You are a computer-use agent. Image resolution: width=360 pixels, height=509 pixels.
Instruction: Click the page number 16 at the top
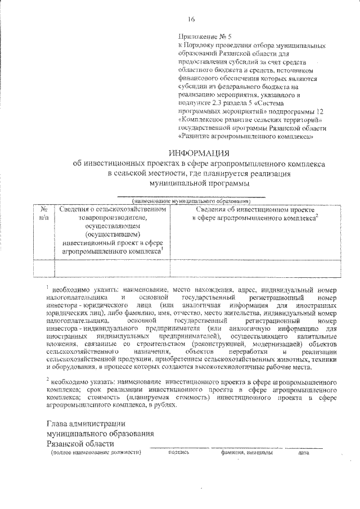191,20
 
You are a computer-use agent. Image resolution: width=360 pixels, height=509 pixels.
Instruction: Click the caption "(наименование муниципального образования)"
191,200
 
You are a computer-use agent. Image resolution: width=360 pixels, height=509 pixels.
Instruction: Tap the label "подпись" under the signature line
178,452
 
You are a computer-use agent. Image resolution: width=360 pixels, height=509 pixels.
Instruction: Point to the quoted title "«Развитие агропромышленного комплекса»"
245,136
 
